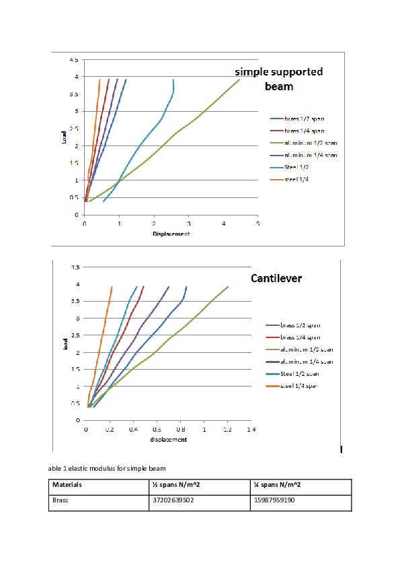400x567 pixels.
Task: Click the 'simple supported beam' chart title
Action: pyautogui.click(x=278, y=79)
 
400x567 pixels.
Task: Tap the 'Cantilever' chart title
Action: pyautogui.click(x=276, y=278)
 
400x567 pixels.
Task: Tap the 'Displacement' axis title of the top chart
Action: pyautogui.click(x=171, y=234)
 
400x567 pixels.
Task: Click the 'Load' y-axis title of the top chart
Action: pyautogui.click(x=65, y=137)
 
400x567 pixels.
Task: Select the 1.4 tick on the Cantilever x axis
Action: pyautogui.click(x=251, y=428)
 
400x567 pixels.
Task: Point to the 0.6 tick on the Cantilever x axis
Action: pyautogui.click(x=157, y=428)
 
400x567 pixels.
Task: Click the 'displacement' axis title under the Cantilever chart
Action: pyautogui.click(x=168, y=439)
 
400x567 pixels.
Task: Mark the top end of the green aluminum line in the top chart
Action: pyautogui.click(x=240, y=79)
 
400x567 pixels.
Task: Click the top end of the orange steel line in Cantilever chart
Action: pyautogui.click(x=112, y=287)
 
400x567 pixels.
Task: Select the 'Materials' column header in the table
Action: pyautogui.click(x=67, y=485)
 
